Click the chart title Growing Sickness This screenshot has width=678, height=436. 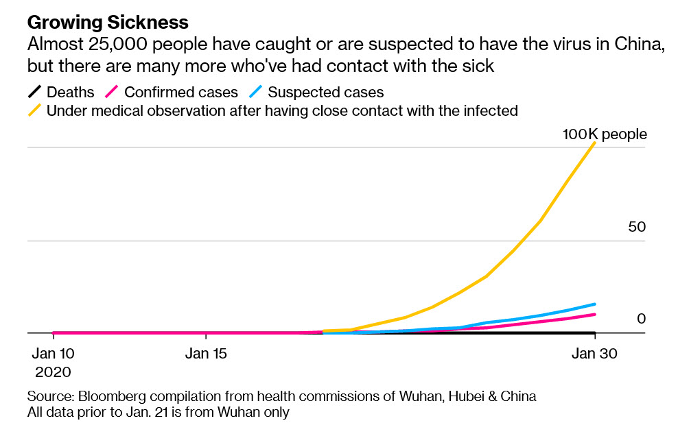108,23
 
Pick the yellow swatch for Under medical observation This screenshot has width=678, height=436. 34,110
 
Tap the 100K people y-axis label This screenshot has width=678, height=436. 605,134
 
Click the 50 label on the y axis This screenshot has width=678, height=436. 637,226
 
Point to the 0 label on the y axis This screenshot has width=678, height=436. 641,319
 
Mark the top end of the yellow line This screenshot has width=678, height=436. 594,143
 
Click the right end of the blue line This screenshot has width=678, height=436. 594,304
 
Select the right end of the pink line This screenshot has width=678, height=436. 594,315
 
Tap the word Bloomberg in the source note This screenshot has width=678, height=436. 110,396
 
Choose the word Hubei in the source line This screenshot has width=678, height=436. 473,396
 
